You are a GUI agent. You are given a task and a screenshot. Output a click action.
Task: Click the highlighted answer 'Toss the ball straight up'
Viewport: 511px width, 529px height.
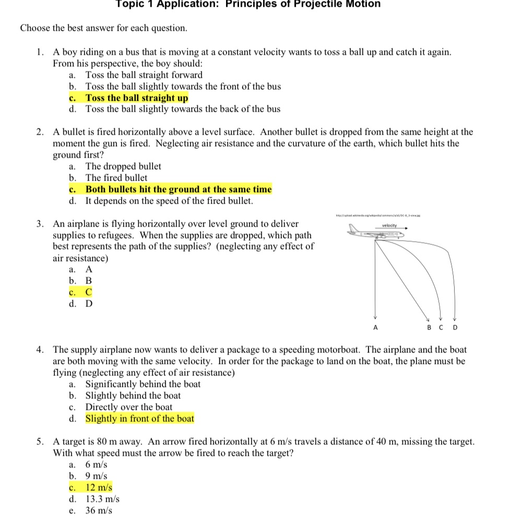tap(137, 98)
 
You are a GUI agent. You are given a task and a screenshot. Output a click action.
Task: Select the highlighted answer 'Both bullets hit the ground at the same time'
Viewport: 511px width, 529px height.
tap(179, 190)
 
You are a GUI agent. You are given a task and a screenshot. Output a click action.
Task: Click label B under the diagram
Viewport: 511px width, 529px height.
tap(429, 328)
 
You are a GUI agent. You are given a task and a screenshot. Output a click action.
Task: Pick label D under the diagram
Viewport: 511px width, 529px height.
tap(454, 328)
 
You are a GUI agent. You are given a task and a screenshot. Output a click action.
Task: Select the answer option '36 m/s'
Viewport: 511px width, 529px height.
tap(99, 511)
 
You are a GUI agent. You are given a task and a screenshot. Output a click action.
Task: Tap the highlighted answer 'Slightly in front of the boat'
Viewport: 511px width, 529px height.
tap(139, 418)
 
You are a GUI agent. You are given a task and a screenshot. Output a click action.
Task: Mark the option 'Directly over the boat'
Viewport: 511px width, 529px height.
tap(129, 407)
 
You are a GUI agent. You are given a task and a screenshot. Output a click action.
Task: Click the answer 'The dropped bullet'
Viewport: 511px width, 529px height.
tap(123, 167)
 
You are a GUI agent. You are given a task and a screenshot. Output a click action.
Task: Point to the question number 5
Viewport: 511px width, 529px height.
tap(40, 442)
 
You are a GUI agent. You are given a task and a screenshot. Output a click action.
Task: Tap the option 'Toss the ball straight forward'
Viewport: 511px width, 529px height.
tap(144, 75)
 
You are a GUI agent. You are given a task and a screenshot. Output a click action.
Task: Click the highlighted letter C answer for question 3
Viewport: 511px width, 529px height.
tap(89, 292)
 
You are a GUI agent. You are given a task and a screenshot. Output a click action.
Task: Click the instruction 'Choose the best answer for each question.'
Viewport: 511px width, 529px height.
tap(103, 28)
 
